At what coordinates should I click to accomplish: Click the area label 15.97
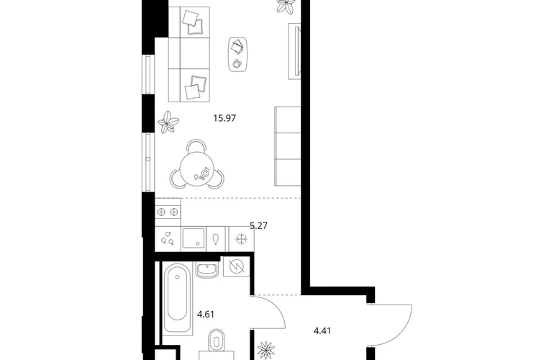click(224, 118)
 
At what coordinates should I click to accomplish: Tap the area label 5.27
click(258, 225)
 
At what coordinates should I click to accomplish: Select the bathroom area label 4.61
click(206, 314)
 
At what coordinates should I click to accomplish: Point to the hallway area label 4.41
click(322, 331)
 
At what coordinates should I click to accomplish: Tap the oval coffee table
click(237, 54)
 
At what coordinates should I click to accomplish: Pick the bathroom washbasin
click(207, 270)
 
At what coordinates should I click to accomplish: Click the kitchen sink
click(193, 238)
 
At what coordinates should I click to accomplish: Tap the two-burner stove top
click(168, 212)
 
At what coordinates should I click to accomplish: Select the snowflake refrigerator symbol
click(242, 239)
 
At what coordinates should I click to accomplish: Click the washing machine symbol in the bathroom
click(237, 266)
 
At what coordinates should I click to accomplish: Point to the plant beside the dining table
click(168, 122)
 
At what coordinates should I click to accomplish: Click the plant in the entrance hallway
click(266, 351)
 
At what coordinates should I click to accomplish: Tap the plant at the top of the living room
click(285, 6)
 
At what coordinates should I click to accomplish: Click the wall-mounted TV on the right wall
click(295, 51)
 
